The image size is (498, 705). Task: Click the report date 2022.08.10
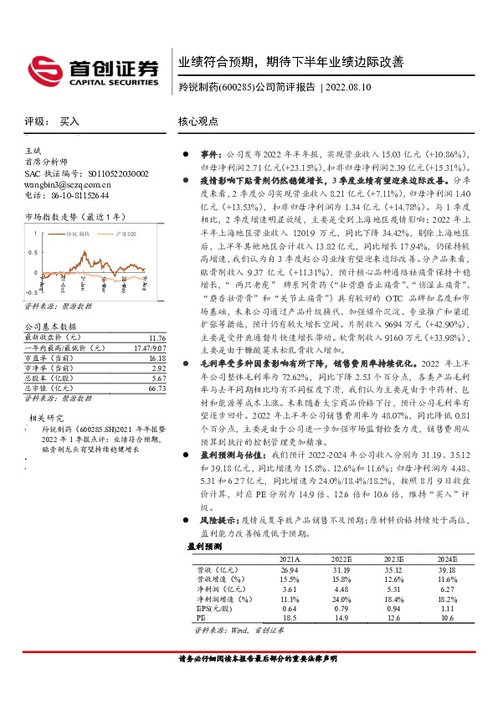pos(352,87)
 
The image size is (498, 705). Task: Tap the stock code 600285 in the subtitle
pos(236,87)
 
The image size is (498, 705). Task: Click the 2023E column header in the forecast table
pos(393,558)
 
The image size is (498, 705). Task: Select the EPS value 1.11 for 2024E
pos(445,607)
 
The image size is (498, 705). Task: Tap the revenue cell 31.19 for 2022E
pos(341,569)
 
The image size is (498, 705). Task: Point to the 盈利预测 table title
pos(203,546)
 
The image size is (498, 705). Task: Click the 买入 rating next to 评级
pos(69,121)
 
